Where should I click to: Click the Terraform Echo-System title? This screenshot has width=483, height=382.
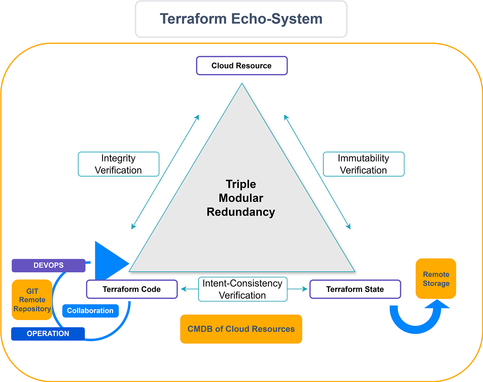point(241,19)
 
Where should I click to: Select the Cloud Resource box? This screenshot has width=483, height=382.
point(241,66)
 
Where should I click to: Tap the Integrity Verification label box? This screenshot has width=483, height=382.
point(118,164)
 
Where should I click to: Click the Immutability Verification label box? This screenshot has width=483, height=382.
point(363,164)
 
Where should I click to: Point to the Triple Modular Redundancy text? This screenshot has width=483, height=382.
point(241,198)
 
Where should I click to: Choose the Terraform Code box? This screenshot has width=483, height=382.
point(132,289)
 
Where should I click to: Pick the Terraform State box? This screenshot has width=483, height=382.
point(355,289)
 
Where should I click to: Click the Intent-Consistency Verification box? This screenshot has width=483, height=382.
point(243,289)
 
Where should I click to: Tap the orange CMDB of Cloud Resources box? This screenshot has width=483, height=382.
point(241,329)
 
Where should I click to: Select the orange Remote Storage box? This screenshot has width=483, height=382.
point(436,279)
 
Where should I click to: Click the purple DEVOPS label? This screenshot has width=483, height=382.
point(48,266)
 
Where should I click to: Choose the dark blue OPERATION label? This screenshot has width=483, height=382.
point(48,334)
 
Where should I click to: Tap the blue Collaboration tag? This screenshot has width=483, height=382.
point(90,311)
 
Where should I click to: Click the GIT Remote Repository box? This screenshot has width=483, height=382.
point(32,300)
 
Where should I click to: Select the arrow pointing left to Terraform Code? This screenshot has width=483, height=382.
point(189,289)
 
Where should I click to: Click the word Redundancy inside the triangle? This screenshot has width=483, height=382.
point(241,212)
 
